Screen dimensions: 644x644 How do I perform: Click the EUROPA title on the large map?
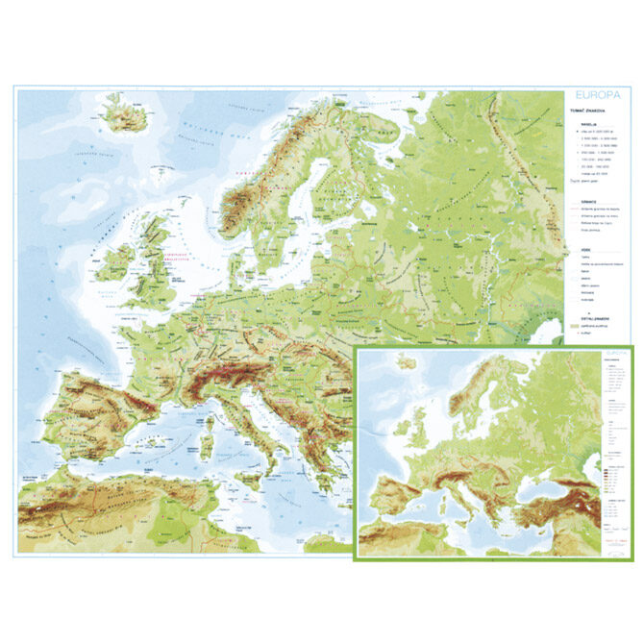595,96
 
